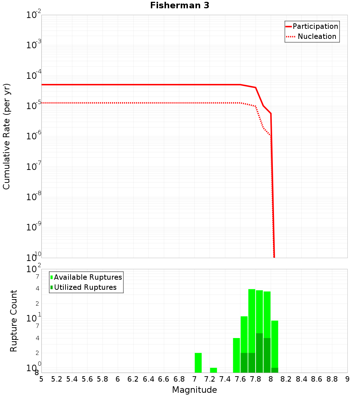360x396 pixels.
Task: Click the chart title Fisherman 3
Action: [179, 5]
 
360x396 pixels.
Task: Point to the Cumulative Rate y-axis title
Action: [6, 136]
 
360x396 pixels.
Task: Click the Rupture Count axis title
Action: [14, 320]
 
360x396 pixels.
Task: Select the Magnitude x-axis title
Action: [194, 390]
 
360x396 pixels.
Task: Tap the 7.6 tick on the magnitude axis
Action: [240, 379]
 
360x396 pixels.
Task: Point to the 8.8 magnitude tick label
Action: [332, 379]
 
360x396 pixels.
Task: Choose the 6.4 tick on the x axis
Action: [148, 379]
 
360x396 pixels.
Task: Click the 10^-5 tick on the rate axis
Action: [33, 106]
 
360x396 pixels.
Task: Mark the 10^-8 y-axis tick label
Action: [33, 197]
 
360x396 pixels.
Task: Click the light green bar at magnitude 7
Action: [198, 363]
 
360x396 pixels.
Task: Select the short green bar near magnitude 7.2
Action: [213, 370]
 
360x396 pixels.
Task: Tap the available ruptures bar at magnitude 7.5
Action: [236, 355]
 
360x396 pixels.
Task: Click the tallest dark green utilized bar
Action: [259, 353]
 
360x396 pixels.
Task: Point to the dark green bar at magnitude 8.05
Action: [275, 370]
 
